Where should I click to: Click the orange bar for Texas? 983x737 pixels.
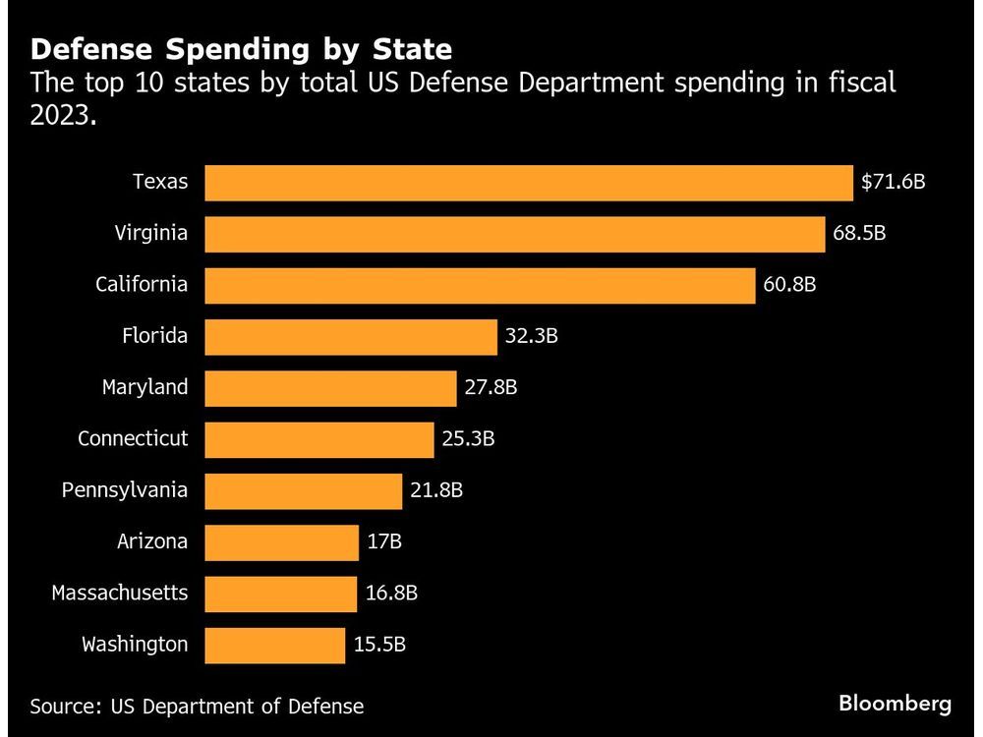529,183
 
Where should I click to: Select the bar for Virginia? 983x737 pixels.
515,234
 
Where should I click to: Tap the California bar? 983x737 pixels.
480,285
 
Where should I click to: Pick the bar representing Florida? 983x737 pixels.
351,337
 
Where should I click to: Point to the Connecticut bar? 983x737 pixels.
319,439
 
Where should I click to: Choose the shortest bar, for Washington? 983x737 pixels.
275,645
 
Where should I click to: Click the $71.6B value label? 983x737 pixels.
894,183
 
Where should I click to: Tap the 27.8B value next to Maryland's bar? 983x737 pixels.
491,388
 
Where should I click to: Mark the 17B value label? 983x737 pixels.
385,541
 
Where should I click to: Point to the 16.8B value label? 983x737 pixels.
391,594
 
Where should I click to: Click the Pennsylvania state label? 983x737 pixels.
124,489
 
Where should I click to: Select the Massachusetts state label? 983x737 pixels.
119,593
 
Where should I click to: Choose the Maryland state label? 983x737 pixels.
145,387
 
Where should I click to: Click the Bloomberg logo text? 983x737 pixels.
895,704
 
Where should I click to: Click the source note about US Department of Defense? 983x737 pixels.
197,706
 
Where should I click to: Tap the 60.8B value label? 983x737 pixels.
789,285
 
